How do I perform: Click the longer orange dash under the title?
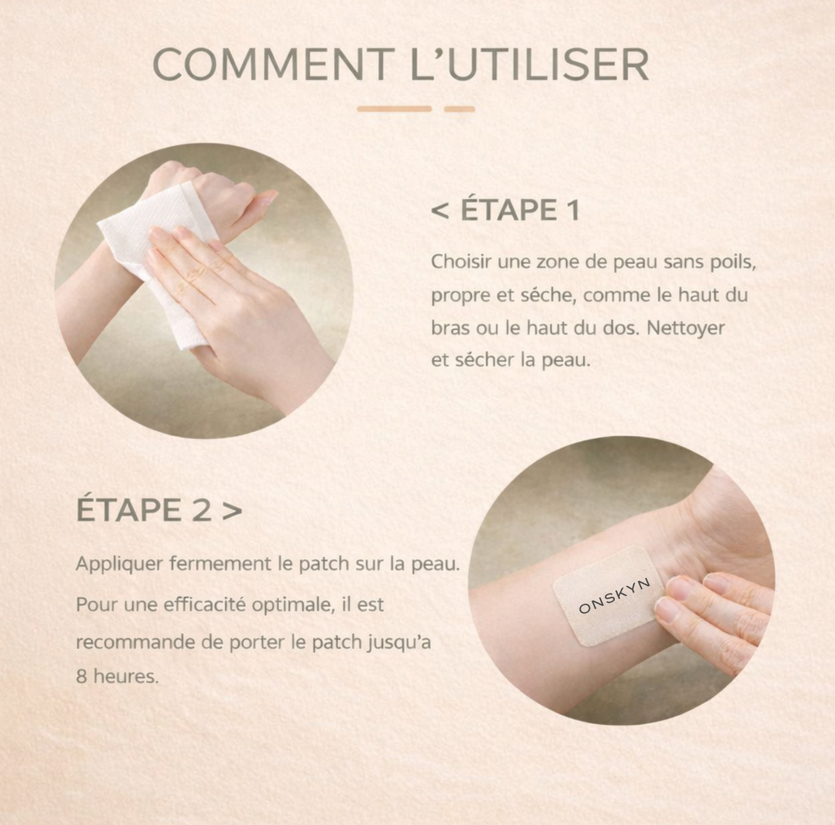(x=394, y=109)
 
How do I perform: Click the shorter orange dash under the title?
(x=459, y=109)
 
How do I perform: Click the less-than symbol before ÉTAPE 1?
(x=440, y=211)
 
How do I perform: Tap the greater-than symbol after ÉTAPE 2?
(x=232, y=511)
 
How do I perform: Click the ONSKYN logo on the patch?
(x=614, y=596)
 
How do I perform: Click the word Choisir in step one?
(x=461, y=262)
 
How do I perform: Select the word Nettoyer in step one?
(x=686, y=328)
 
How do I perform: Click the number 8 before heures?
(x=81, y=676)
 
